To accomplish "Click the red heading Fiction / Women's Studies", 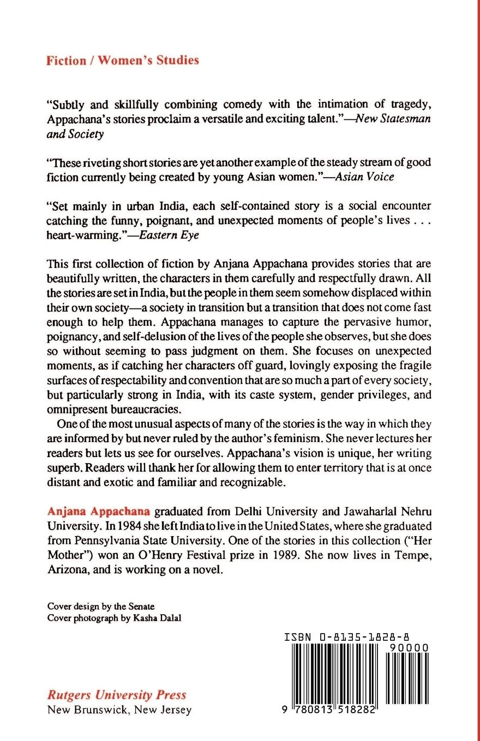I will coord(123,60).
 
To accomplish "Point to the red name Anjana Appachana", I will coord(99,512).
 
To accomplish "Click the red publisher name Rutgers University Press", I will coord(117,695).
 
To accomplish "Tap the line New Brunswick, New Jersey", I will coord(119,710).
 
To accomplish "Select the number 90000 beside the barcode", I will coord(409,647).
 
